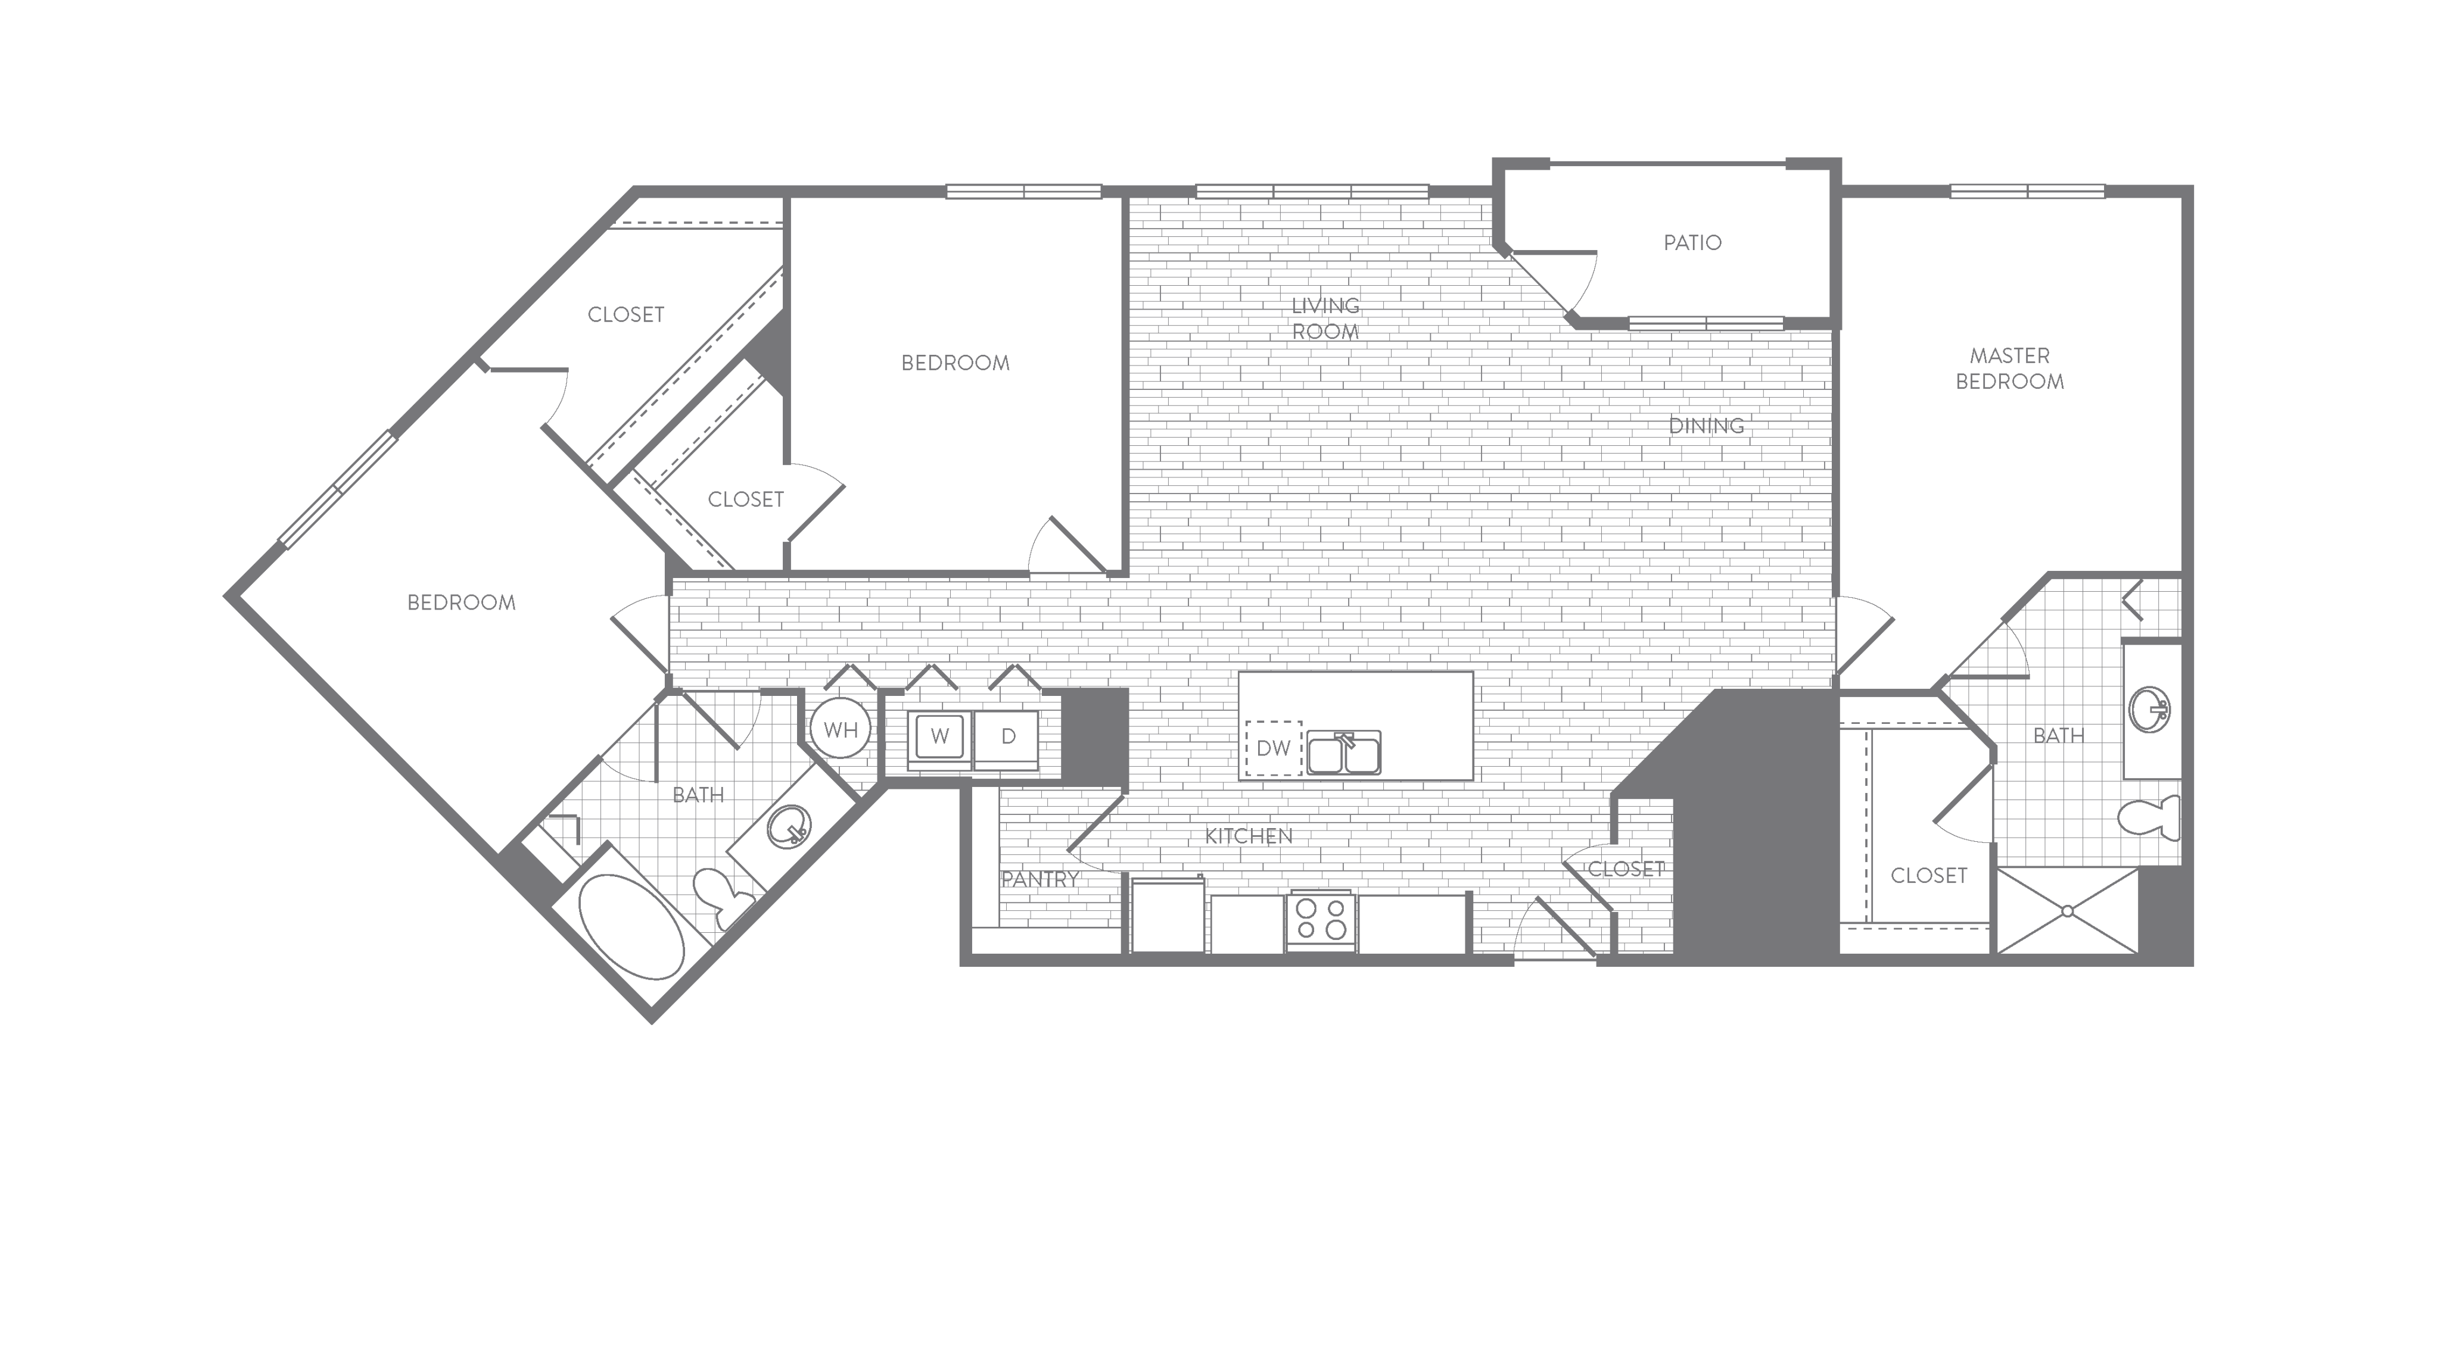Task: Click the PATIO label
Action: coord(1692,242)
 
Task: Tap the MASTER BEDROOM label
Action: coord(2009,368)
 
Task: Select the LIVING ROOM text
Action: coord(1325,318)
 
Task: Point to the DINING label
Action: coord(1706,426)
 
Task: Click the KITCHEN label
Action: coord(1249,835)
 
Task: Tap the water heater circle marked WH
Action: coord(840,729)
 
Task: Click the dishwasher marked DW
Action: coord(1273,748)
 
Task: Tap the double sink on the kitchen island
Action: coord(1343,752)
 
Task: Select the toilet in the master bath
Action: coord(2149,818)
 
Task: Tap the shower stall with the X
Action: coord(2068,911)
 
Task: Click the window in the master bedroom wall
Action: coord(2027,191)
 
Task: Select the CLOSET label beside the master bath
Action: coord(1928,876)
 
